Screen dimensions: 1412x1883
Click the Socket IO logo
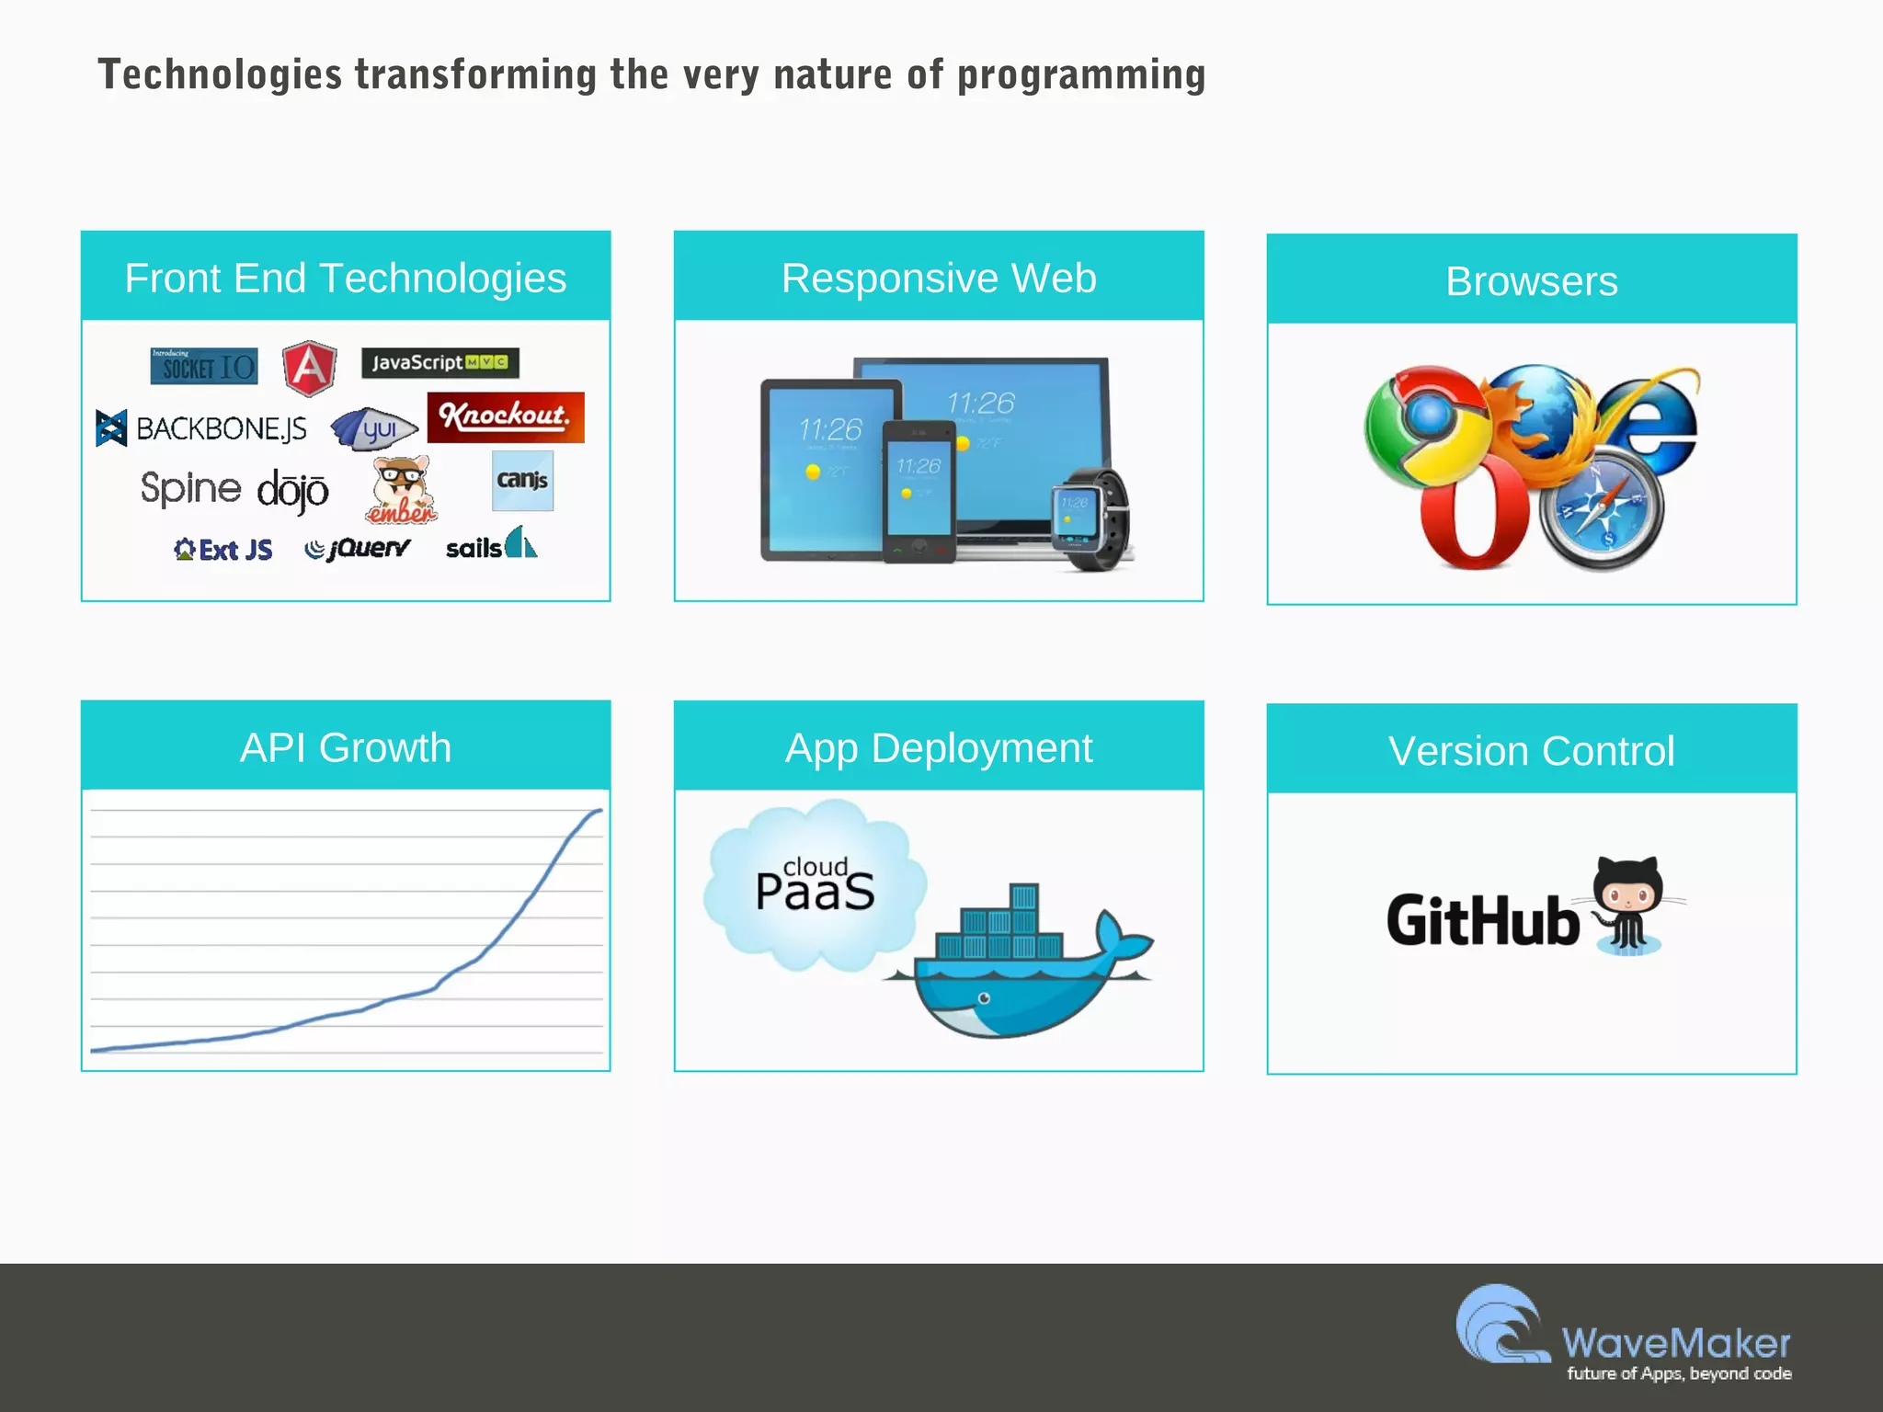204,366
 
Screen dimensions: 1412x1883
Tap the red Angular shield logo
309,368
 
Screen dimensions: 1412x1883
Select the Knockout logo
505,417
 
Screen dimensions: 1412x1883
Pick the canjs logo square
522,480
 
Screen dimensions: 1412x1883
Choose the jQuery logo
359,549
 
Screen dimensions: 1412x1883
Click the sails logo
491,545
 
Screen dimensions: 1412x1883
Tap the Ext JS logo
223,550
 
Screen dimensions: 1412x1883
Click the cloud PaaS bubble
815,886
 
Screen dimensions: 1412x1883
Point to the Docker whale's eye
985,998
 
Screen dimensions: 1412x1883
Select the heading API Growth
346,747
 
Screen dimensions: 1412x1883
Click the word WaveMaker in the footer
1675,1343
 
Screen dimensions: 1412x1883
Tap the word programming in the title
1081,75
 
